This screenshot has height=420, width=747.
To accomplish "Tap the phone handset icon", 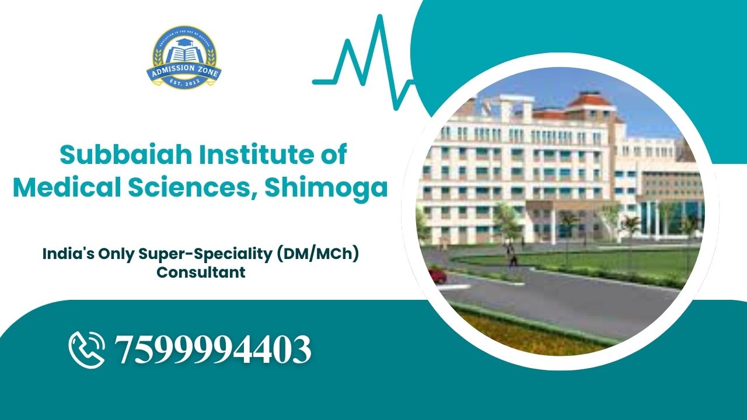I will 86,349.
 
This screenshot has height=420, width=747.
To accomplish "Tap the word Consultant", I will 201,272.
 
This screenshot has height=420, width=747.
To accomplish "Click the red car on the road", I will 437,274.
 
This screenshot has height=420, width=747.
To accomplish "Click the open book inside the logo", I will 184,54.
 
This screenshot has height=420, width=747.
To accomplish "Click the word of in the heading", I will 334,155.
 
